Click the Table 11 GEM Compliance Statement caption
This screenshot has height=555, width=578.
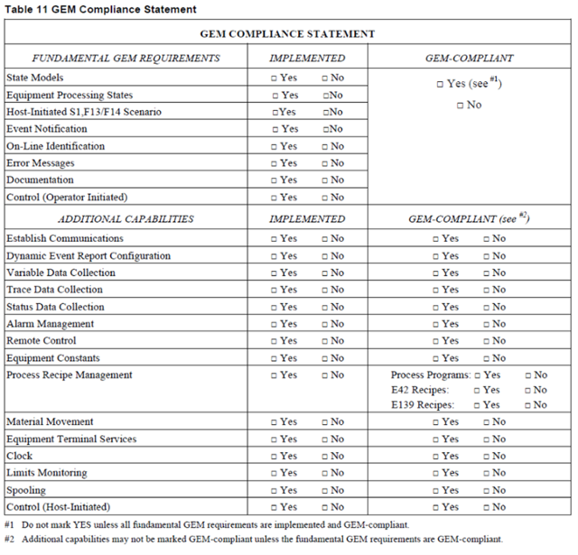[101, 9]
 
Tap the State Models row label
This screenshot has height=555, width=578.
[37, 78]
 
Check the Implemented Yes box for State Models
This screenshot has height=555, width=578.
[275, 79]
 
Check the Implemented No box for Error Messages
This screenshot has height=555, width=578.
[325, 163]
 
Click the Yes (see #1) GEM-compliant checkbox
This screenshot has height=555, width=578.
[440, 84]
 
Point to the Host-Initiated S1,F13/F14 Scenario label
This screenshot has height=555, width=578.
[84, 112]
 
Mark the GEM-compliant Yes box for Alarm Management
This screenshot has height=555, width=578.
[436, 324]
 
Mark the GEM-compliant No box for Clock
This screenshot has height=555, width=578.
[486, 457]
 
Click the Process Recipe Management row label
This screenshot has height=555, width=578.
[70, 375]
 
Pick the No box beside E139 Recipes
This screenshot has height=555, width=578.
[527, 405]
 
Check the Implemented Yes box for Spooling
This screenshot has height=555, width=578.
[275, 490]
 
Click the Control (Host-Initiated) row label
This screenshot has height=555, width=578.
[57, 507]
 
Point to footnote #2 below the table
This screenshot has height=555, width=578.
[253, 539]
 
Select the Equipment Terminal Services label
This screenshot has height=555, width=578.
[71, 439]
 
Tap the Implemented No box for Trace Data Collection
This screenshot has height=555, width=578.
[325, 290]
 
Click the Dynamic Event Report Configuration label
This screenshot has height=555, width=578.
[88, 256]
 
